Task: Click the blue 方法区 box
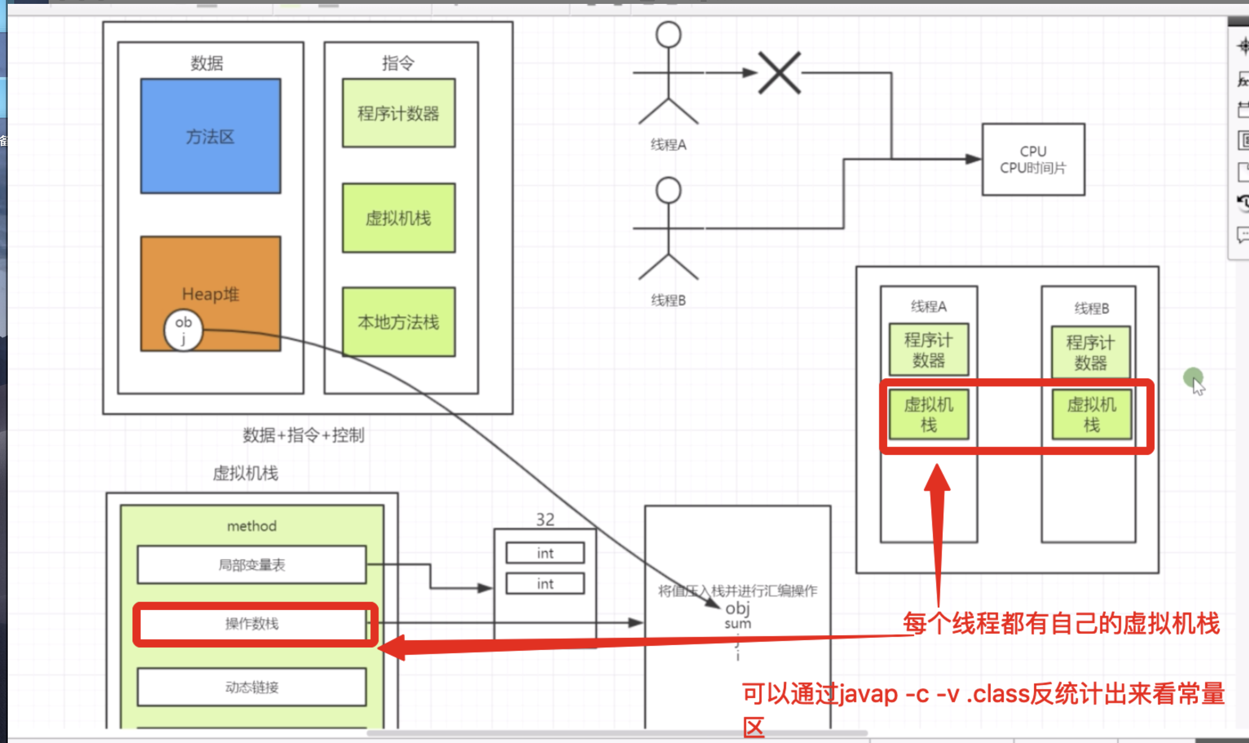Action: click(210, 136)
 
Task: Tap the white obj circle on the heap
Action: click(183, 330)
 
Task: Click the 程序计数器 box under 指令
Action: click(399, 113)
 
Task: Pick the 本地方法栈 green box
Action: click(399, 322)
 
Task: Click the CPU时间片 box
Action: click(1033, 159)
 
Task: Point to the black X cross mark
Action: click(779, 73)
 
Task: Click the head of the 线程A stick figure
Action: click(668, 35)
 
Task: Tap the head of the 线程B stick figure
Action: click(668, 190)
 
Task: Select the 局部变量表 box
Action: click(252, 565)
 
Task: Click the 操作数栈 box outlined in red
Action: click(252, 624)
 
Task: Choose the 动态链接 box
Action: click(252, 687)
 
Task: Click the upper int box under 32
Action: click(545, 553)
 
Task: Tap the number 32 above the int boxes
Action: click(545, 519)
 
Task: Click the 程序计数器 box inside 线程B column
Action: click(1091, 353)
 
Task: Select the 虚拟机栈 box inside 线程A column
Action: click(928, 415)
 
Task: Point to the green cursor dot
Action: click(1193, 377)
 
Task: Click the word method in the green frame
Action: click(252, 526)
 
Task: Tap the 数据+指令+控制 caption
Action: click(303, 435)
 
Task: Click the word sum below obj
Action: click(738, 624)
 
